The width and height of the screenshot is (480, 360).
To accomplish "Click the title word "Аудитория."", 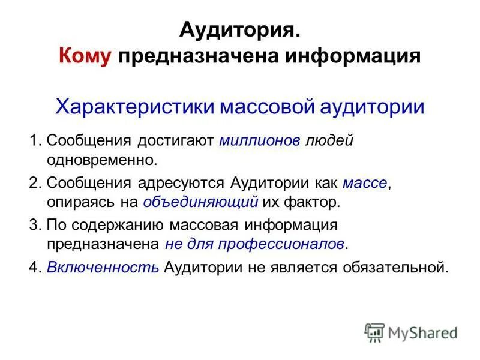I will (239, 31).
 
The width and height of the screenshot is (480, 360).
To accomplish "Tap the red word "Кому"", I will (85, 56).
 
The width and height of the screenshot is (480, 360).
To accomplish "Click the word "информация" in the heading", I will (352, 56).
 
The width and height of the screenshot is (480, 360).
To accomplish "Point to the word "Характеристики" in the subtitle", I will (132, 107).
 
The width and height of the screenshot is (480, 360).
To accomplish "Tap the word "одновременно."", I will (101, 160).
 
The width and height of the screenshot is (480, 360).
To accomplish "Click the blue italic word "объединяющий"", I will (201, 202).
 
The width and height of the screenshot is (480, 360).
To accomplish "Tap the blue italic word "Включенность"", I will (103, 267).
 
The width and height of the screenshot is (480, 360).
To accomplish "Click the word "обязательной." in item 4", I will (395, 267).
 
